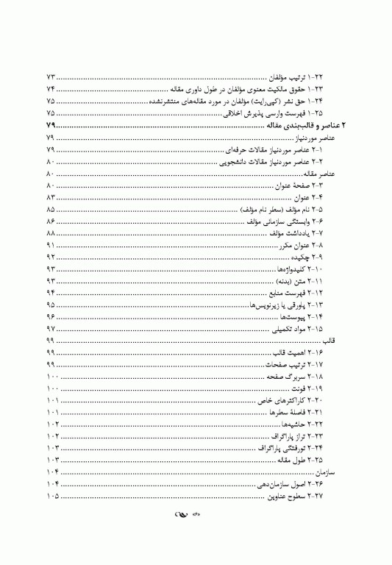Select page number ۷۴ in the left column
tap(50, 89)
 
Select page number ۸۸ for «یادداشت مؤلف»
tap(51, 232)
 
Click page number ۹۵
tap(51, 305)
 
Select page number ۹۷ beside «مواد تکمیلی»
tap(51, 328)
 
